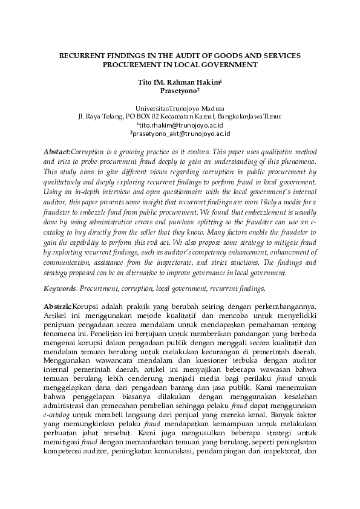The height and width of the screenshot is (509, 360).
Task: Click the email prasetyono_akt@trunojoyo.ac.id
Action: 181,133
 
